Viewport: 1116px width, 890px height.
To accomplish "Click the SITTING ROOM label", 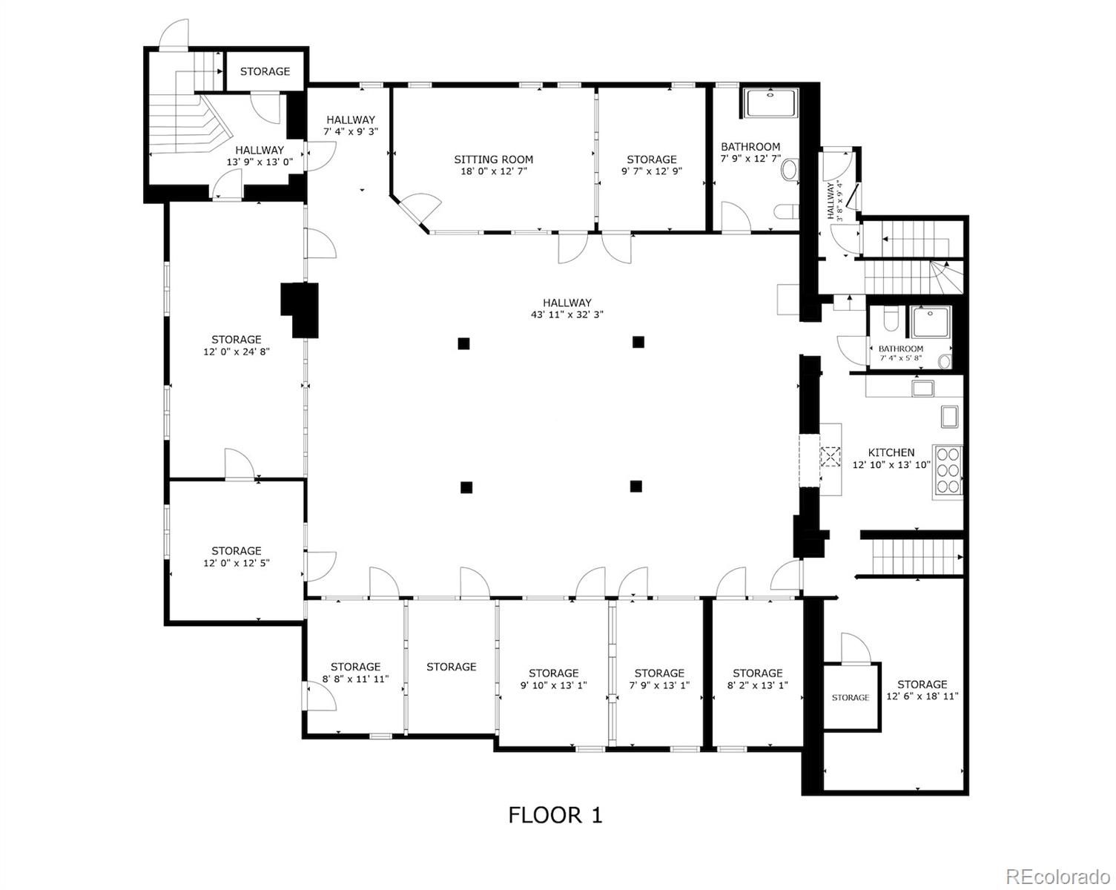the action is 493,159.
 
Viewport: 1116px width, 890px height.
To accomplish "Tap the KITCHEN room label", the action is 891,452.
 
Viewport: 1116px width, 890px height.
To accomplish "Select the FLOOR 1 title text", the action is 555,815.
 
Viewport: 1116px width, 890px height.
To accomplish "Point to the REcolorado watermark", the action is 1057,862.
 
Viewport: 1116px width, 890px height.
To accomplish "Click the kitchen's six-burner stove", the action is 948,472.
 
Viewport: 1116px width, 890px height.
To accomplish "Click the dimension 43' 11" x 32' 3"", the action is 567,314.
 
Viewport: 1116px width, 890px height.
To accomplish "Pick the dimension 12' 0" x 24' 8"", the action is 236,352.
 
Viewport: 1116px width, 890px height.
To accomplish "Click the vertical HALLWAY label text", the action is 831,200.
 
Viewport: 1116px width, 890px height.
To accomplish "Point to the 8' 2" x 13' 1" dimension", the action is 757,685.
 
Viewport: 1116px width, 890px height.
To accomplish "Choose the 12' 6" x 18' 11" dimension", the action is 922,696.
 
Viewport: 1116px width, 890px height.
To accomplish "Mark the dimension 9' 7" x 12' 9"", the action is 651,171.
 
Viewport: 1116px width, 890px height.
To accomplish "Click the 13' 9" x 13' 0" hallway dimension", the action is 260,162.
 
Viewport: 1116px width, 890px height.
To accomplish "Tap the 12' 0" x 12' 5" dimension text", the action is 236,563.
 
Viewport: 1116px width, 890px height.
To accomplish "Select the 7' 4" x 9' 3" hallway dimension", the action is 351,131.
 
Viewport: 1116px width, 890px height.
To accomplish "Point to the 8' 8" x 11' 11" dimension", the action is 355,679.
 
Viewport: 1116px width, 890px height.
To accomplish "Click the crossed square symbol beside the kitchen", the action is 830,456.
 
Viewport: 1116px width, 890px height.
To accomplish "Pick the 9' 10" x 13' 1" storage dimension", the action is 553,685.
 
